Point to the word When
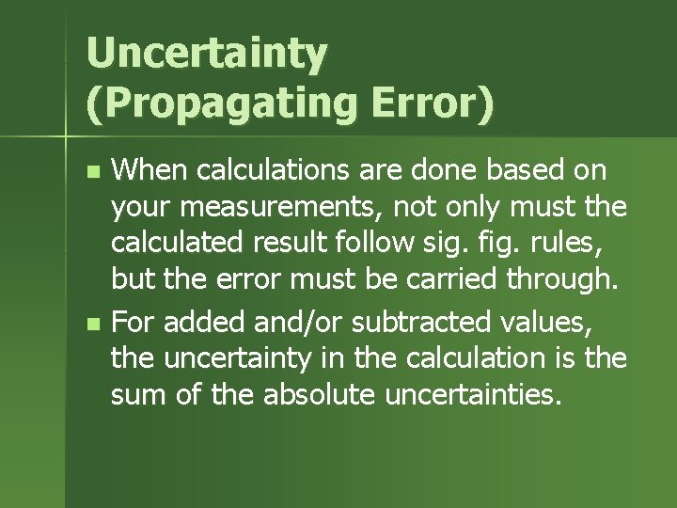150,171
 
